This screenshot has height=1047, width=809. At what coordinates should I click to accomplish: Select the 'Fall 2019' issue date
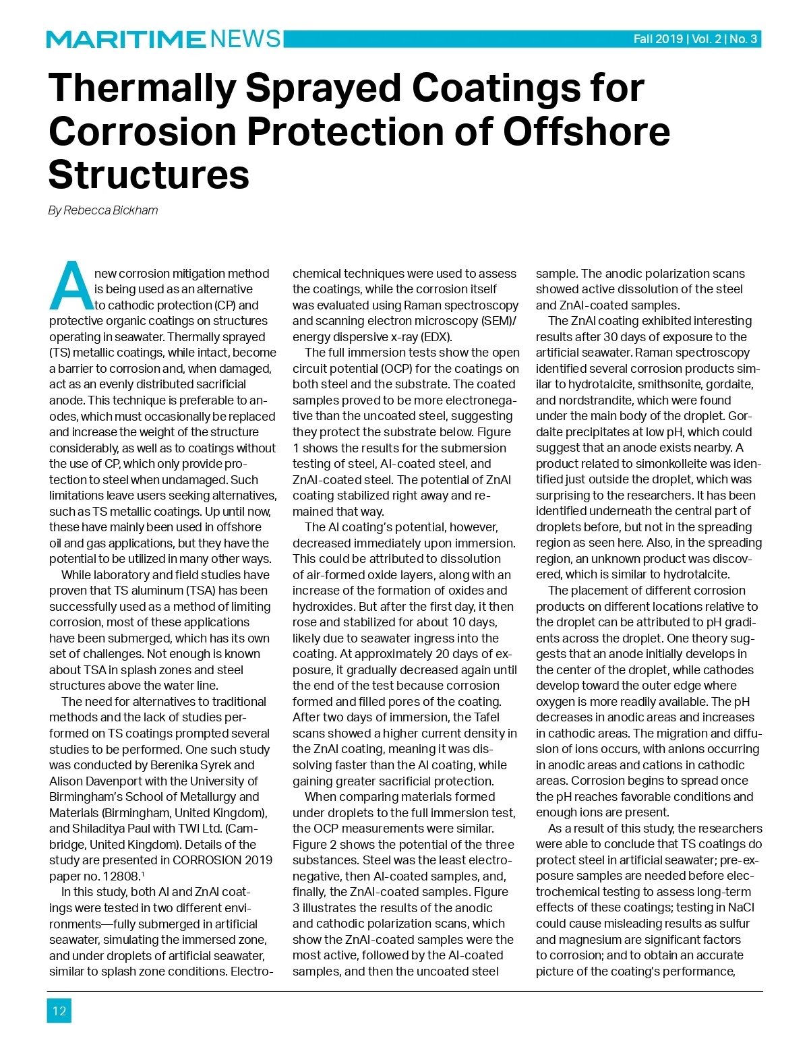point(657,39)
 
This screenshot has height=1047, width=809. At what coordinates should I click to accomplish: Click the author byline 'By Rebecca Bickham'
point(103,210)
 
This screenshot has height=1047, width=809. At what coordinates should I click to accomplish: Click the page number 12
point(59,1011)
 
